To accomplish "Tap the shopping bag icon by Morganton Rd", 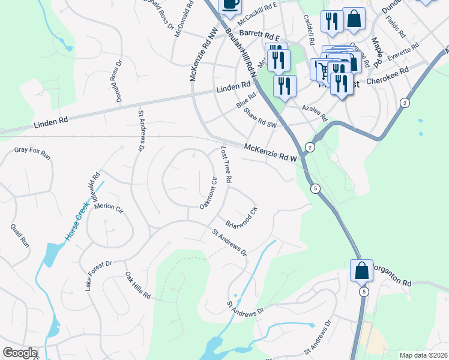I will click(362, 271).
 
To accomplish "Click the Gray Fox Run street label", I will click(33, 152).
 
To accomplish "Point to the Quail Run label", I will click(20, 236).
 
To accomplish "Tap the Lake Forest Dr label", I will click(98, 275).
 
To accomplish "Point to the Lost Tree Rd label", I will click(226, 164).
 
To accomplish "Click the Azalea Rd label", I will click(314, 110).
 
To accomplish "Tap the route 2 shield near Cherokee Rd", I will click(405, 103).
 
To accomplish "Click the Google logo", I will click(20, 353).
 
